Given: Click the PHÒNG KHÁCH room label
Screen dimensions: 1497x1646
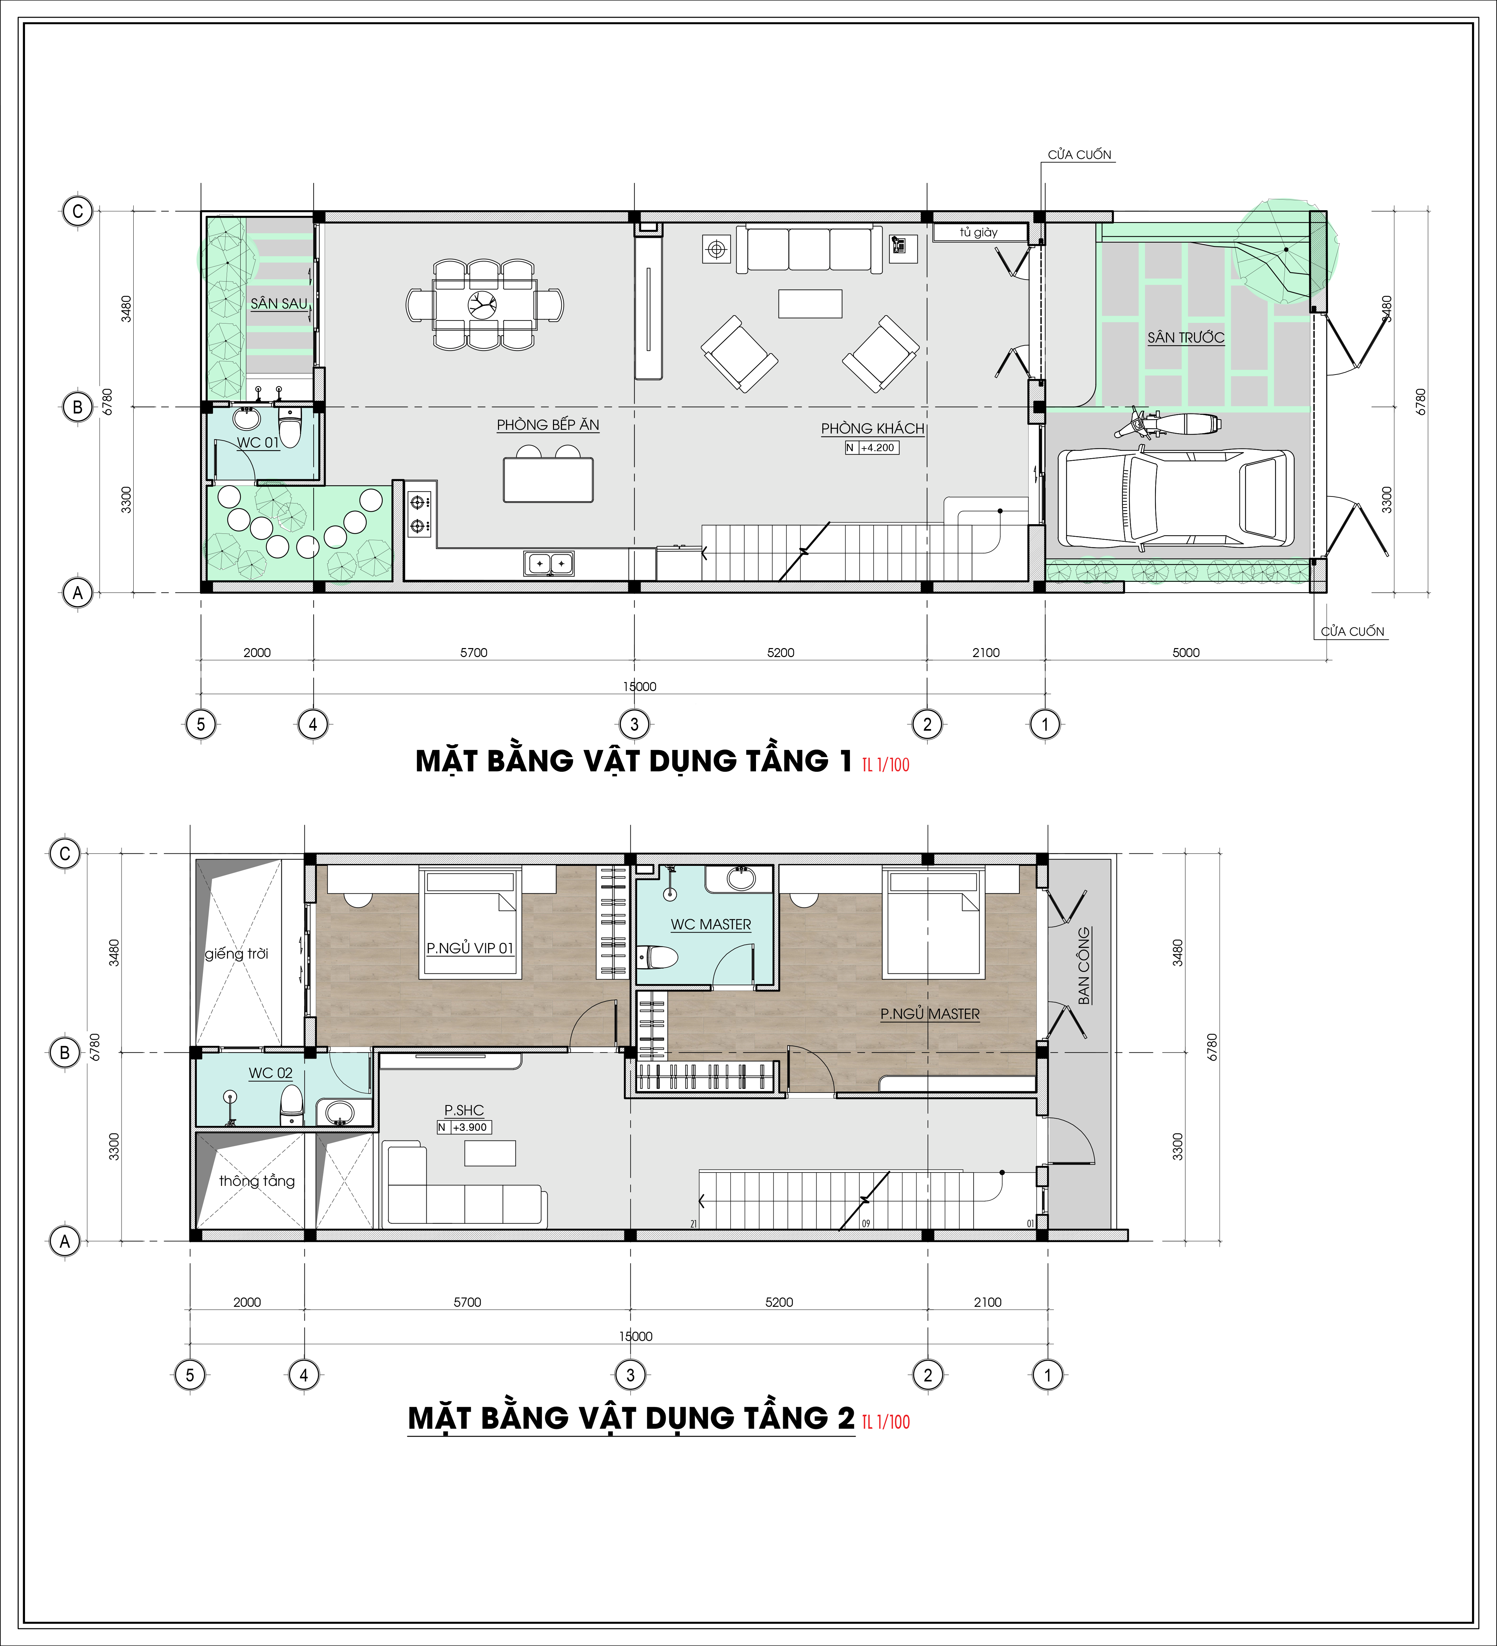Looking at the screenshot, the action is tap(872, 428).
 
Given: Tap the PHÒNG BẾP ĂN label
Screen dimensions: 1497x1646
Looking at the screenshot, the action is tap(548, 424).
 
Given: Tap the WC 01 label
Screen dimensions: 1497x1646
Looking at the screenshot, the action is tap(258, 442).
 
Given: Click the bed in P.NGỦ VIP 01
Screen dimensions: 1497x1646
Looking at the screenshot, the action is tap(470, 923).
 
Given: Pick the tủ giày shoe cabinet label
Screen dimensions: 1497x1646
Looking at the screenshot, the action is tap(978, 233).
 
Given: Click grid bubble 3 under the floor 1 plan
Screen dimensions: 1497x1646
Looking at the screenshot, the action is tap(635, 723).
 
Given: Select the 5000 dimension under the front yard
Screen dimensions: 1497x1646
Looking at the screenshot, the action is tap(1186, 652).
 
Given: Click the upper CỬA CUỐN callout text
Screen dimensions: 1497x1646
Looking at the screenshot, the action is tap(1080, 154).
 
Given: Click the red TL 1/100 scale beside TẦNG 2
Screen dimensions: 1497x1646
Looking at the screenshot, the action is tap(886, 1421).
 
